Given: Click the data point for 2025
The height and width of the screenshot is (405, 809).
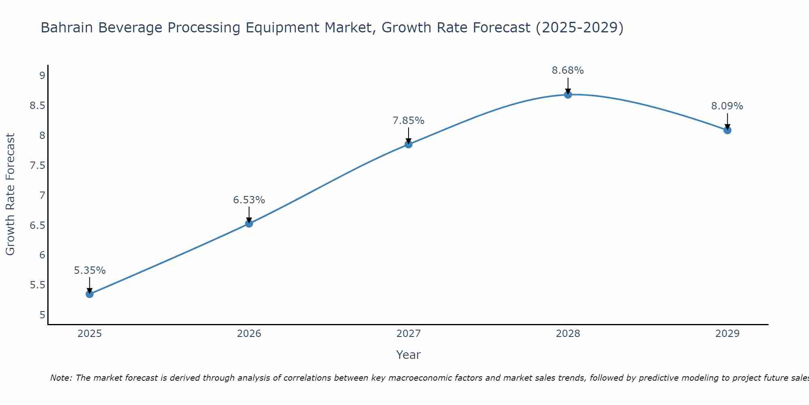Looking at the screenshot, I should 89,294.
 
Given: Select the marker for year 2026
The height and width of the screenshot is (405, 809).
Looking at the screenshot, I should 249,224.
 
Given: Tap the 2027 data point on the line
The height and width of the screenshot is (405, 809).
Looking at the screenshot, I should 409,144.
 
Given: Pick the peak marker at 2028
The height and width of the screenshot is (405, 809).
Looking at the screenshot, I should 568,95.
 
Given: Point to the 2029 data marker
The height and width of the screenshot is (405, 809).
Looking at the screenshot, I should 727,130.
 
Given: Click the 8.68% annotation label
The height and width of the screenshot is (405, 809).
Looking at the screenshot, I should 568,70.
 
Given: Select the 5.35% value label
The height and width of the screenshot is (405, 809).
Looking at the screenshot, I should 89,271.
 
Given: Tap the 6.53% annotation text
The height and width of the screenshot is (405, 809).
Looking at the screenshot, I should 249,200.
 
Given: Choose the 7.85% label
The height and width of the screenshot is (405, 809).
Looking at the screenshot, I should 409,121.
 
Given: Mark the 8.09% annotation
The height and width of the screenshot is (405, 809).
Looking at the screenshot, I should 727,106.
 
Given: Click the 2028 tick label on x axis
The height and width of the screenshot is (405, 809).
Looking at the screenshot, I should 568,334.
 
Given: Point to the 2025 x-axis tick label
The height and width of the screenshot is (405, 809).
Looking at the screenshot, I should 89,334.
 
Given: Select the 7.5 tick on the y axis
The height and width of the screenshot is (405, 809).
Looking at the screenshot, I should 37,166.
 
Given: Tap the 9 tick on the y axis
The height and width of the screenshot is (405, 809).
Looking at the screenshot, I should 42,76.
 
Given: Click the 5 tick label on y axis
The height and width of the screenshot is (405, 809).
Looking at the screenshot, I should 42,315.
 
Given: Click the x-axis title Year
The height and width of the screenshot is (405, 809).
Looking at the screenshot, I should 409,355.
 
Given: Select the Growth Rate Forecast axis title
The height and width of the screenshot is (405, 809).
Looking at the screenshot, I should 10,194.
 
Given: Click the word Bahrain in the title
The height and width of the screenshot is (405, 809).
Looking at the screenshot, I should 67,28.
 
